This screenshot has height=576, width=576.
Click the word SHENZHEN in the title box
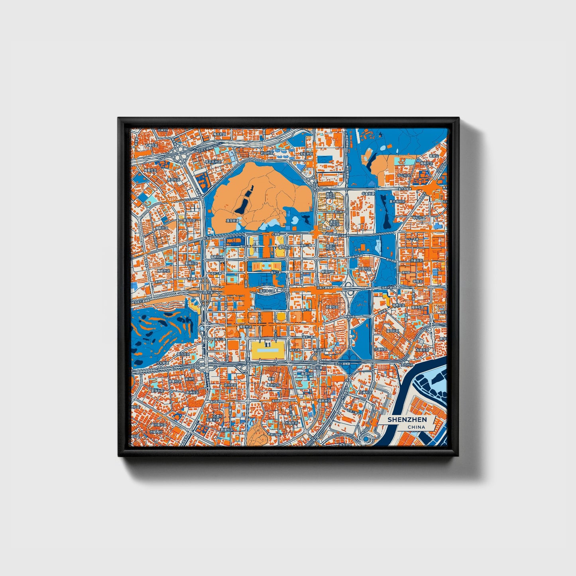(x=407, y=420)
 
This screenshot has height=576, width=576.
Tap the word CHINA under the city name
(x=416, y=427)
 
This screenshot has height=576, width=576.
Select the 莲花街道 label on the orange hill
(x=232, y=220)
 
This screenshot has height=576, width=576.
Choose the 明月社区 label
(x=230, y=385)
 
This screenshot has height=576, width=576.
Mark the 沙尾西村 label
(x=156, y=432)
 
